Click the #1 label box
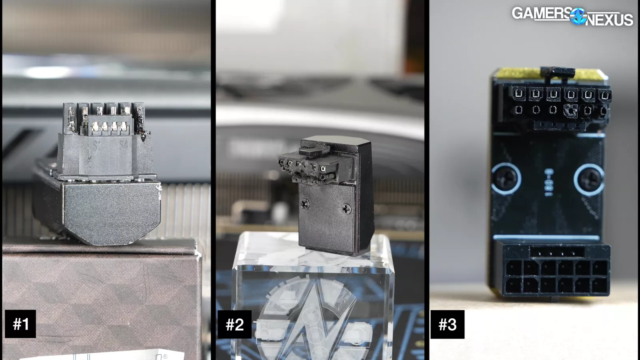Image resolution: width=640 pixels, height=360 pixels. [20, 324]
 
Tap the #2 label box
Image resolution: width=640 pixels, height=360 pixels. [234, 324]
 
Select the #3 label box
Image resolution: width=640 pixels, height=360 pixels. [448, 324]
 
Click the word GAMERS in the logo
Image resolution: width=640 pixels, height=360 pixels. [542, 14]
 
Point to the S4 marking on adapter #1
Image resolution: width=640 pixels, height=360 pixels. [124, 146]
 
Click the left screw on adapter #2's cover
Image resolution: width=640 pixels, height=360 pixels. [305, 204]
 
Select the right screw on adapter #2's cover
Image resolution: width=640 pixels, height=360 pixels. [346, 209]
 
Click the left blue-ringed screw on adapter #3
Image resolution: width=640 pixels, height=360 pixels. [506, 178]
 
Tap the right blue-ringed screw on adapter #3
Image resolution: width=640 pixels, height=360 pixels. [589, 179]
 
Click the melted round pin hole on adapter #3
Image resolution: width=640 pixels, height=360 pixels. [570, 110]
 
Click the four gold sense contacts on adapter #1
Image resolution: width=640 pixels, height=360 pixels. [109, 126]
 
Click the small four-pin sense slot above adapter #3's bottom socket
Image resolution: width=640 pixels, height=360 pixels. [557, 252]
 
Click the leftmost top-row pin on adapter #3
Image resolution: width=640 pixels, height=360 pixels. [519, 94]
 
